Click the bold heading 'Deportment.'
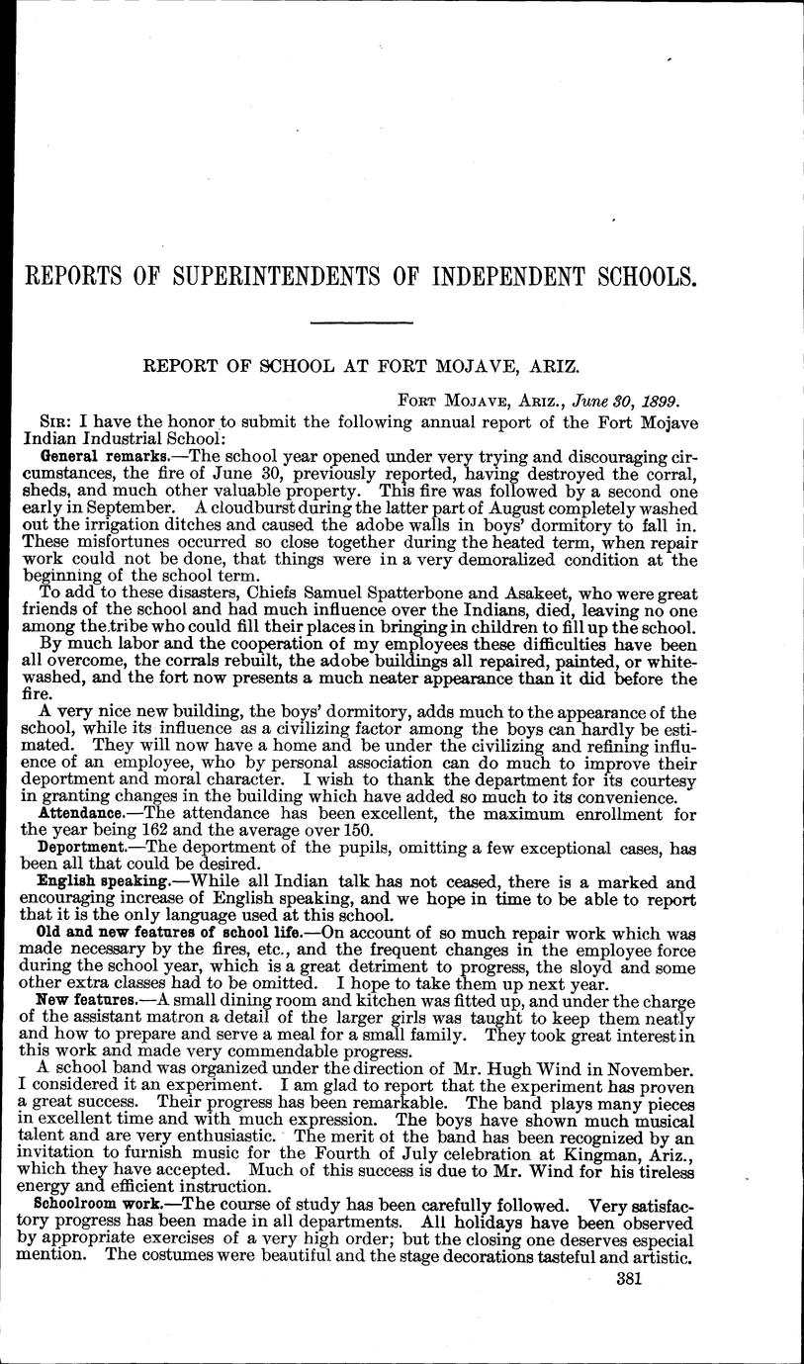[x=86, y=848]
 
